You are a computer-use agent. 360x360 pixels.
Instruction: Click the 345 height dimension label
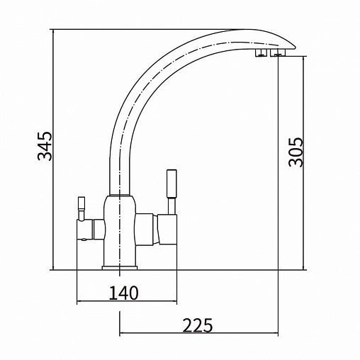coord(45,146)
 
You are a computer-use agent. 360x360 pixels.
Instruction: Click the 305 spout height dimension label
coord(296,152)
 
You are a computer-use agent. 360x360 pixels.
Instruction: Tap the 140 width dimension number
coord(123,293)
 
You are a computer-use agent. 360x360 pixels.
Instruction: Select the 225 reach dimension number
coord(198,325)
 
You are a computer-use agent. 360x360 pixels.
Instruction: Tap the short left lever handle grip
coord(81,203)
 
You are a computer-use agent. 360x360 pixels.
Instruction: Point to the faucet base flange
coord(120,268)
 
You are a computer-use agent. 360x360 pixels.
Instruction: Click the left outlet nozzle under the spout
coord(261,53)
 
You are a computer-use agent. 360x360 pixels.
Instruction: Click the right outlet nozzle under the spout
coord(278,53)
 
